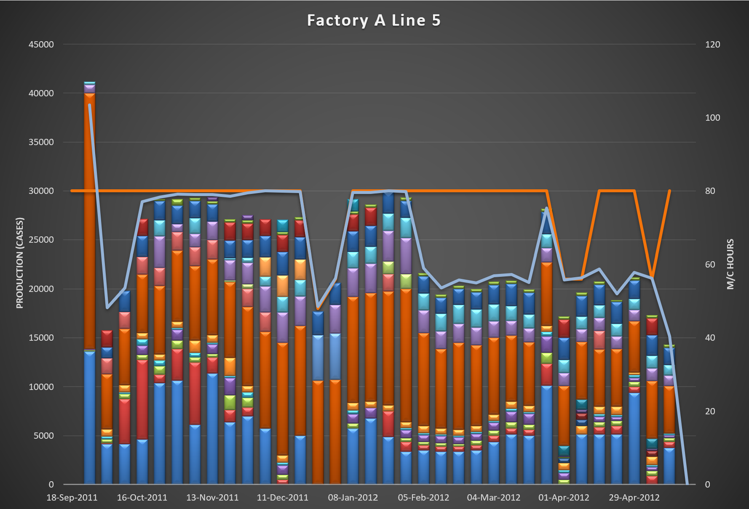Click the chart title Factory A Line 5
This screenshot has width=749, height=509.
[x=374, y=21]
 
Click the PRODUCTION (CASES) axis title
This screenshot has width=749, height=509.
[x=20, y=263]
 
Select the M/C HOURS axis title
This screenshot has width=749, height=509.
[x=730, y=264]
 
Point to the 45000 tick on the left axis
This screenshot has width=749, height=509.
[x=41, y=45]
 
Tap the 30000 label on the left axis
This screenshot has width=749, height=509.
[x=41, y=191]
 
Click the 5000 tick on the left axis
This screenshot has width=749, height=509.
[x=43, y=436]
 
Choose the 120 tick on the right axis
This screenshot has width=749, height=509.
[x=712, y=45]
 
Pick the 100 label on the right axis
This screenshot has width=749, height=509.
[x=712, y=118]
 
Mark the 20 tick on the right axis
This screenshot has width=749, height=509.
[x=710, y=411]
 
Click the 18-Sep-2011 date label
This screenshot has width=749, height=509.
[x=72, y=498]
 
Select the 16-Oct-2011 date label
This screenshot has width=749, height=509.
[x=142, y=498]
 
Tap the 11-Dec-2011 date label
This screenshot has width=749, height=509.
[x=283, y=498]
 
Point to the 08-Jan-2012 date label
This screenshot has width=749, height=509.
[x=353, y=498]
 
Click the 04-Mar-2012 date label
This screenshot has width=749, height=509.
[x=494, y=498]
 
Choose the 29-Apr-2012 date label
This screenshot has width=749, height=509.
[x=634, y=498]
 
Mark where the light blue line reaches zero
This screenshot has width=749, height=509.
[x=687, y=484]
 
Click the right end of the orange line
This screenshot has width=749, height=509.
[x=669, y=191]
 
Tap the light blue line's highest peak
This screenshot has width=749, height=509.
[x=90, y=105]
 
